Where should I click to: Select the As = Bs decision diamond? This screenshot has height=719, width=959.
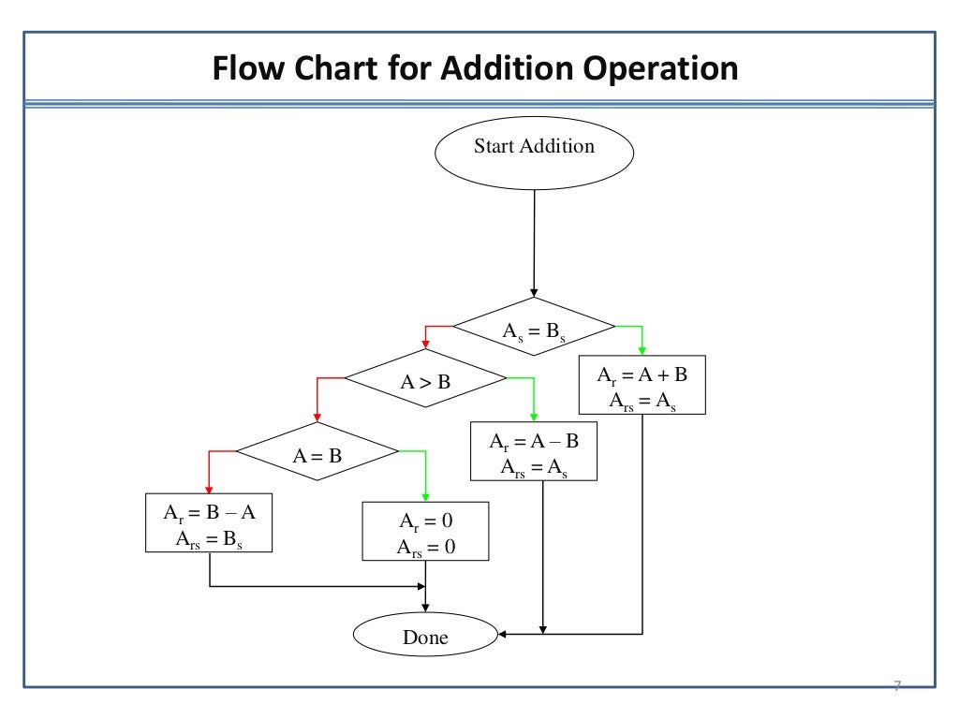(534, 327)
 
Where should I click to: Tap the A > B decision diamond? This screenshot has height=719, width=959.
(425, 379)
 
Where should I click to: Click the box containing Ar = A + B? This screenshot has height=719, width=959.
(642, 385)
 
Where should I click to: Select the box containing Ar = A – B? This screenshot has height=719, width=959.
(534, 452)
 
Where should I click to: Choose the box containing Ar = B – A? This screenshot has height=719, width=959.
(209, 523)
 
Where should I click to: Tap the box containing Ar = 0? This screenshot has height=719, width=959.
(425, 532)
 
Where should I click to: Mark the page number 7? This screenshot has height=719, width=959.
(896, 687)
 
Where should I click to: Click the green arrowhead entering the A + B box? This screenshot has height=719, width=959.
(642, 350)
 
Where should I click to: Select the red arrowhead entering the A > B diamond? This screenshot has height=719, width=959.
(425, 344)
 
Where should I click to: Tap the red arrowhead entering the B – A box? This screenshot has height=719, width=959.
(209, 488)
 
